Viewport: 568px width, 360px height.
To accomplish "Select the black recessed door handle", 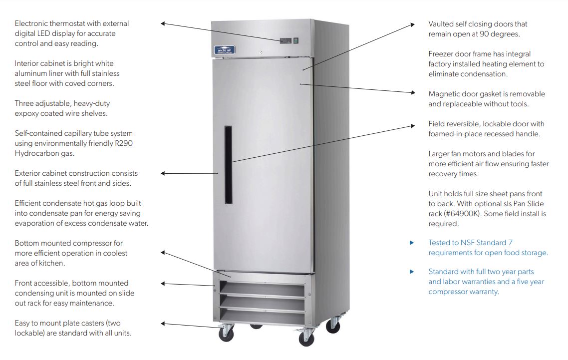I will (228, 165).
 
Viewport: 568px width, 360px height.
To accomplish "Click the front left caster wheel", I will (226, 334).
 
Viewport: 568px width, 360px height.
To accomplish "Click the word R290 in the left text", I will (123, 143).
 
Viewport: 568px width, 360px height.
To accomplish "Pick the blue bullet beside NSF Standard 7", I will (412, 243).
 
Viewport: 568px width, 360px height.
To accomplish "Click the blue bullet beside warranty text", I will (412, 272).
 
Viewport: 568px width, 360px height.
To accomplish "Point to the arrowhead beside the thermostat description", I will (163, 23).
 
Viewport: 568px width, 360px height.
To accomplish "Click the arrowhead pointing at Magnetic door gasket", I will (412, 92).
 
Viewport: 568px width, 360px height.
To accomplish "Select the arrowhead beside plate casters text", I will (163, 324).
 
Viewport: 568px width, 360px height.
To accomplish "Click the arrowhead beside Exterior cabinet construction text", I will (163, 173).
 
